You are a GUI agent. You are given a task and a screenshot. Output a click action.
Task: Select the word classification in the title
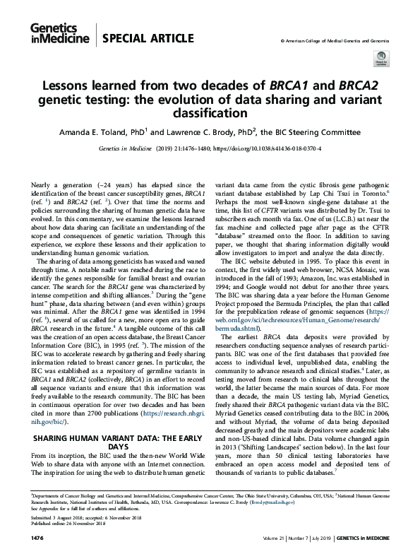(210, 112)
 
